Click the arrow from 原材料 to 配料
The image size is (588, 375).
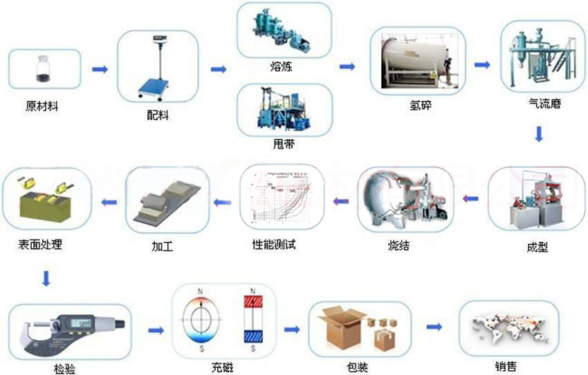tap(100, 69)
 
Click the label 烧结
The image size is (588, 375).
tap(398, 244)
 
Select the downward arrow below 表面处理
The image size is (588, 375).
tap(46, 278)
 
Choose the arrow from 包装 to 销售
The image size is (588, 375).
tap(434, 326)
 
